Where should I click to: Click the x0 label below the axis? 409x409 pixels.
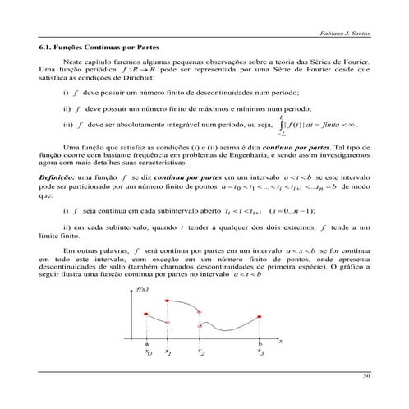(148, 352)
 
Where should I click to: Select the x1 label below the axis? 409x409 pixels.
(168, 352)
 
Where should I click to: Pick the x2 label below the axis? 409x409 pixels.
(200, 352)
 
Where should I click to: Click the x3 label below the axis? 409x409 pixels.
(260, 352)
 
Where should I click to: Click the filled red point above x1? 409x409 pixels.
(168, 301)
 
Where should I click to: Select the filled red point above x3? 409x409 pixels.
(260, 314)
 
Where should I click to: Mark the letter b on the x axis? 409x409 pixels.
(260, 343)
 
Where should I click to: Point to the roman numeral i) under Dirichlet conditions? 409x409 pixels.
(66, 94)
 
